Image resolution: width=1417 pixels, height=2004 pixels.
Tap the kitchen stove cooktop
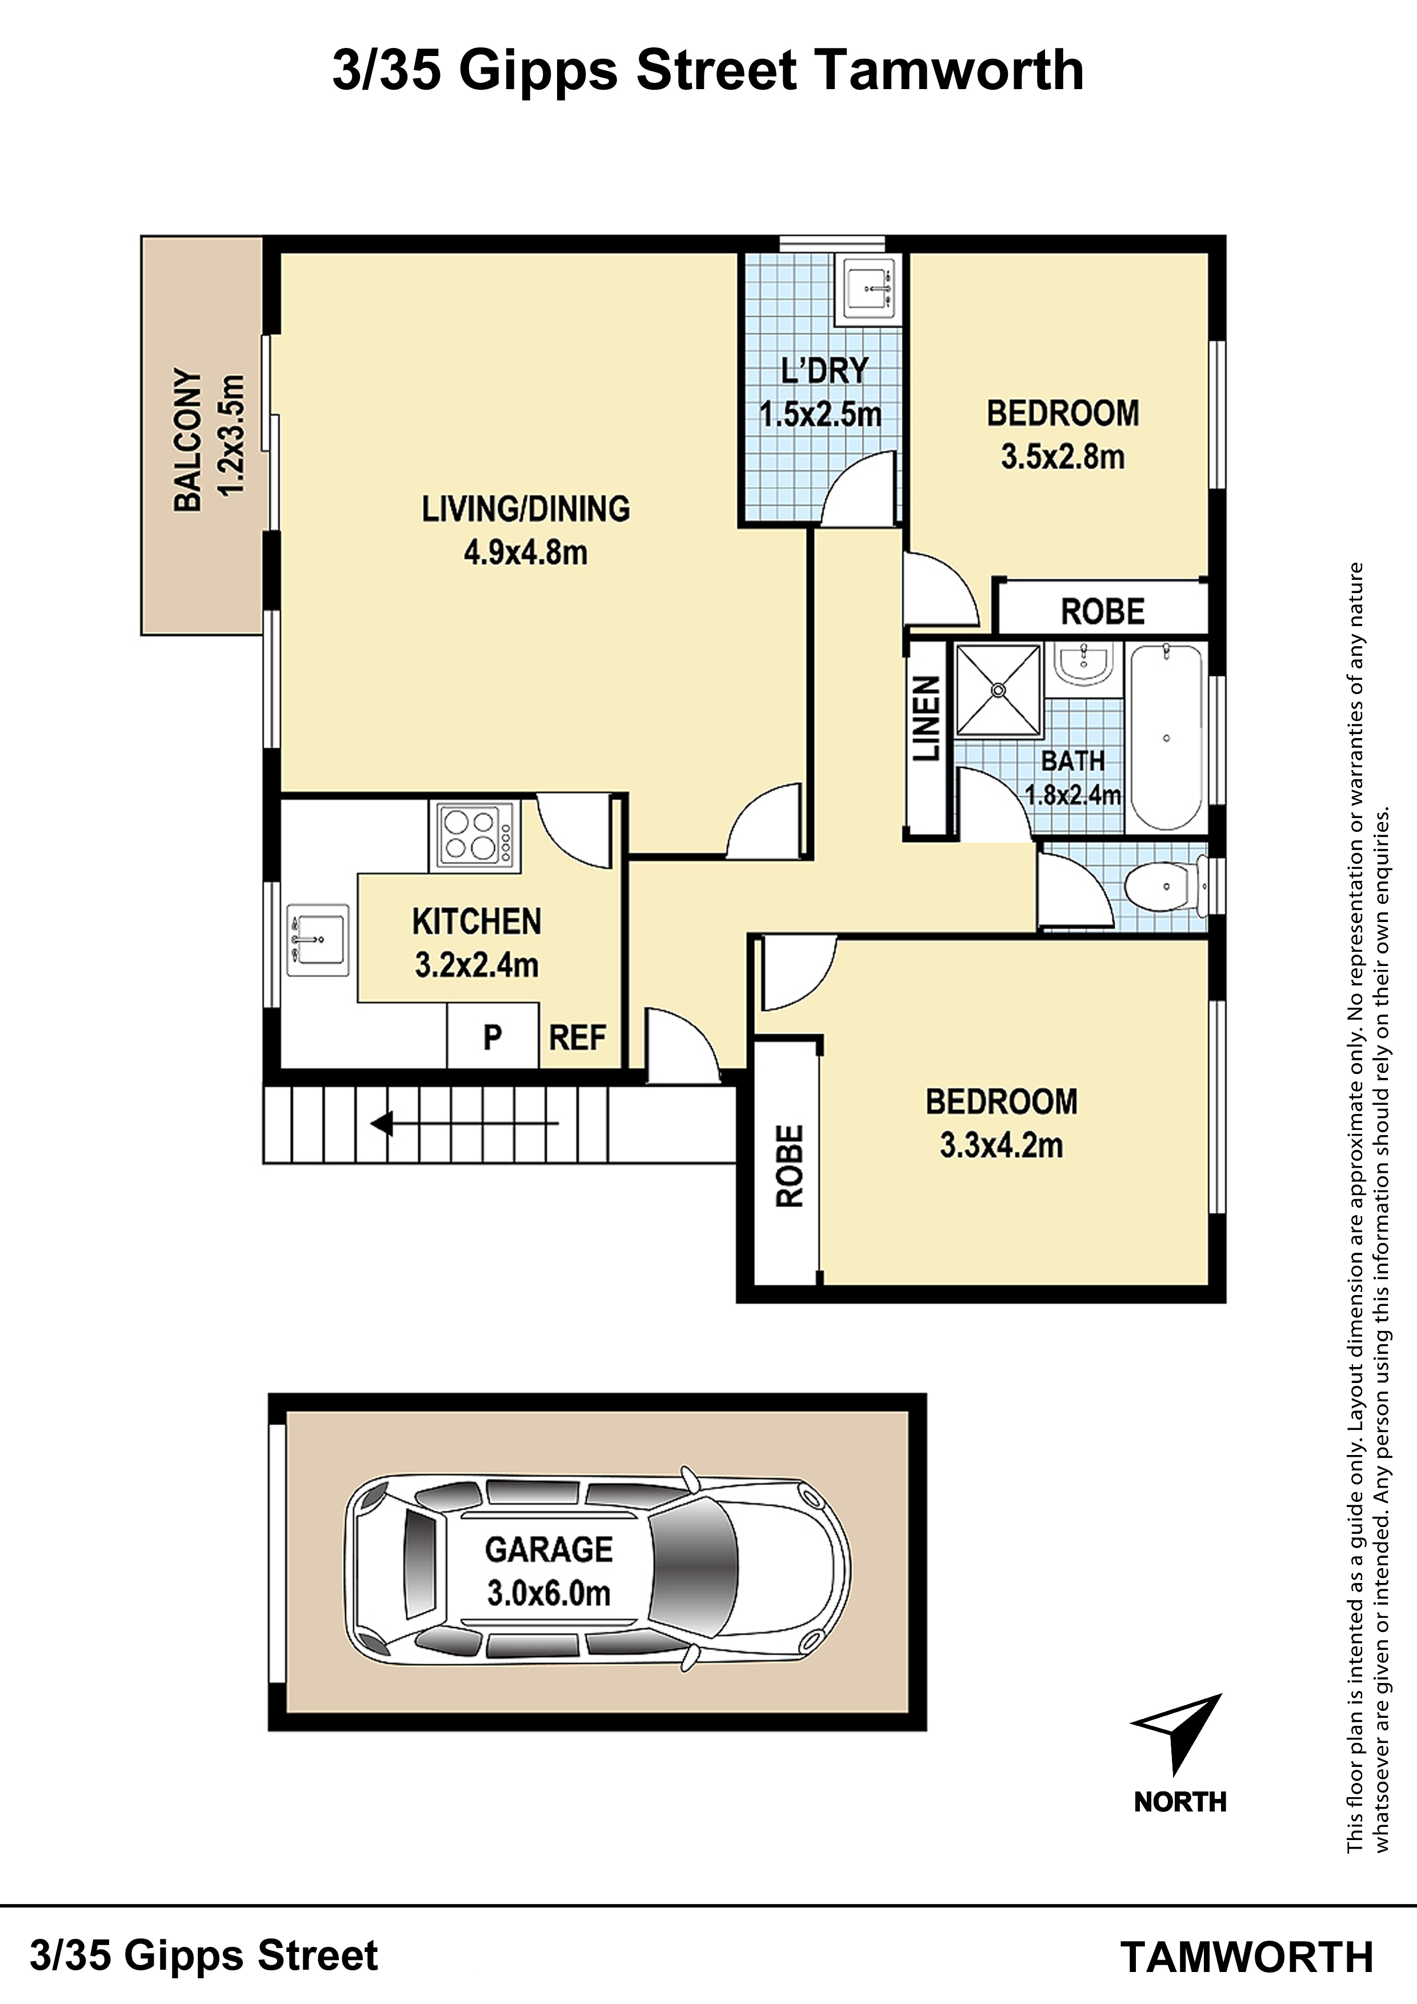pyautogui.click(x=475, y=835)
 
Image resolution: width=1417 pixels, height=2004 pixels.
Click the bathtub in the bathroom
pyautogui.click(x=1166, y=738)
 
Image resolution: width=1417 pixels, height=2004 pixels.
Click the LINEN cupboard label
pyautogui.click(x=926, y=718)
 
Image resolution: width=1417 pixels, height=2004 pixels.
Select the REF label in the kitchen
pyautogui.click(x=577, y=1038)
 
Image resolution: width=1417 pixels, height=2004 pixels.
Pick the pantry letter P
pyautogui.click(x=493, y=1038)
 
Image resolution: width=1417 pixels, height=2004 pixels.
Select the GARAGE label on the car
pyautogui.click(x=549, y=1549)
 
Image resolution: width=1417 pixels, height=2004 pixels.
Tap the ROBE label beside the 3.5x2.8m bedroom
pyautogui.click(x=1103, y=612)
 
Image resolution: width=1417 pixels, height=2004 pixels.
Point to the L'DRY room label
pyautogui.click(x=824, y=371)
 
